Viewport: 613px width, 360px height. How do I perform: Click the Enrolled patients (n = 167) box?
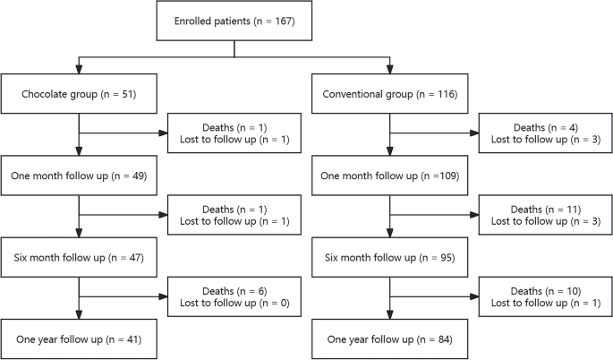tap(234, 21)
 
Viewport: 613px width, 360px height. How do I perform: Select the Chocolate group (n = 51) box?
tap(80, 93)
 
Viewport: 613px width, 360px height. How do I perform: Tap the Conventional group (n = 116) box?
tap(389, 93)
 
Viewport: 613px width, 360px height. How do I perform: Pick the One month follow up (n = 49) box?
tap(80, 174)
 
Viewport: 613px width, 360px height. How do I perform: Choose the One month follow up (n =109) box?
tap(389, 174)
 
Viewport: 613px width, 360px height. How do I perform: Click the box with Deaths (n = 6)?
tap(234, 296)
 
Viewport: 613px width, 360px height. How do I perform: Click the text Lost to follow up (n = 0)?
tap(234, 304)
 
